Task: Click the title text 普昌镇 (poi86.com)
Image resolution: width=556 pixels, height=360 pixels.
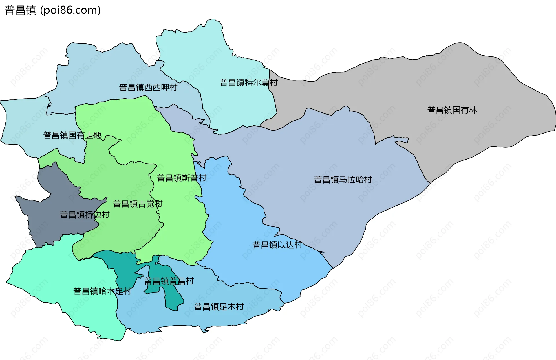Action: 53,10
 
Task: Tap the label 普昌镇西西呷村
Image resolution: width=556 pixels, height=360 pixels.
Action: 148,87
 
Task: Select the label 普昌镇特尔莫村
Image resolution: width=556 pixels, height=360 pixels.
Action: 248,83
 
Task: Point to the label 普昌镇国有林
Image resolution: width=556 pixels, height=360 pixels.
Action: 452,110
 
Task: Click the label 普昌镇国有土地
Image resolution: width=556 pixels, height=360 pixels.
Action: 72,135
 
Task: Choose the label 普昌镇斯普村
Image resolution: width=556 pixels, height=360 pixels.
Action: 182,178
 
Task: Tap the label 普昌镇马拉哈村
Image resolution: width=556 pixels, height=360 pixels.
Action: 343,180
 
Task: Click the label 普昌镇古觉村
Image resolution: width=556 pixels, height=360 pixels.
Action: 138,204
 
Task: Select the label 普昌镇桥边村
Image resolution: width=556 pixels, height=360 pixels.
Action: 85,215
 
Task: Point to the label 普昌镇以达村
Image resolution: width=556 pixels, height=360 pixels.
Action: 277,245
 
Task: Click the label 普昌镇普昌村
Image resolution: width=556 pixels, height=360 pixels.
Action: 169,281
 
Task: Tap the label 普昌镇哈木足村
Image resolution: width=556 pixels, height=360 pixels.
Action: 102,291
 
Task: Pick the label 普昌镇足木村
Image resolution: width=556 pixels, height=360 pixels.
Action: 219,307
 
